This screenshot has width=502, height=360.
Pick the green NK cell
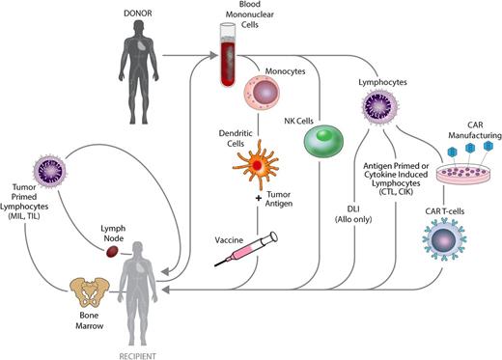point(324,139)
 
